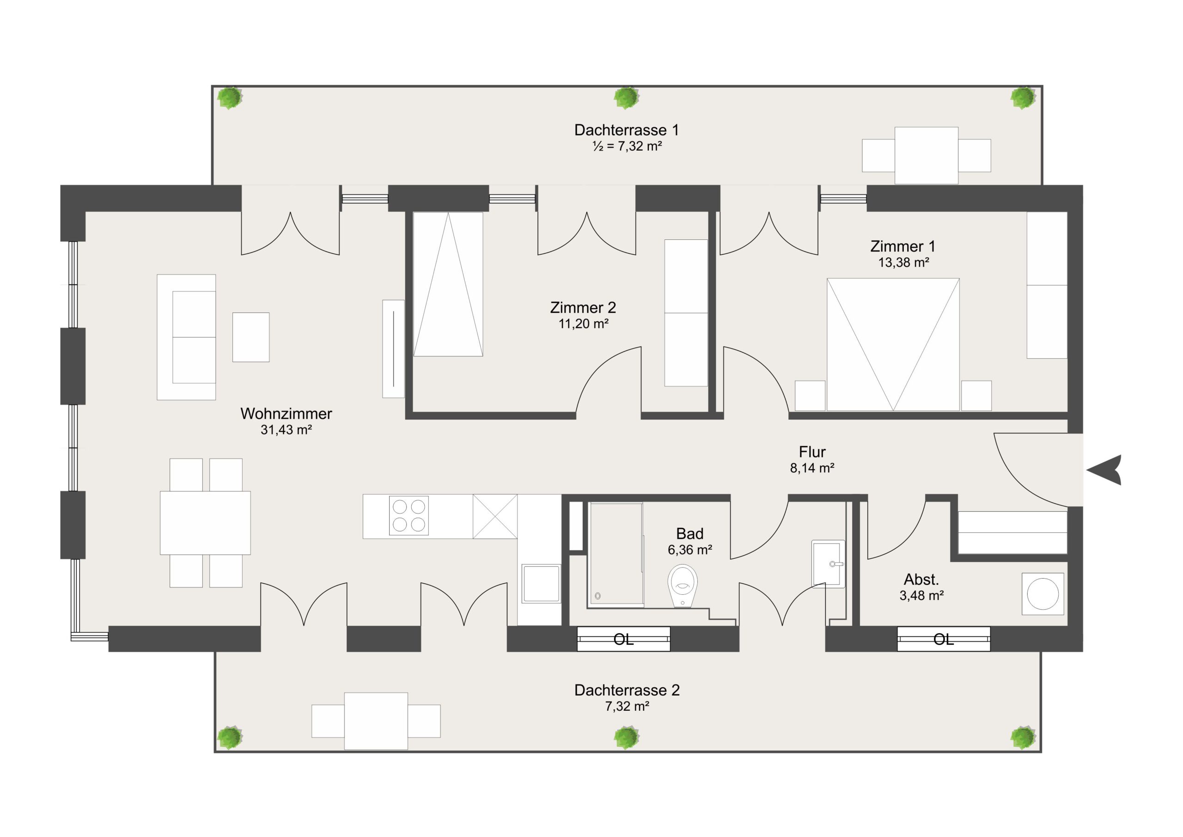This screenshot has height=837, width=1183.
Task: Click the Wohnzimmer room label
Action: click(286, 413)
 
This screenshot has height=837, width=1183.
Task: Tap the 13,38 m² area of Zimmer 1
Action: click(903, 263)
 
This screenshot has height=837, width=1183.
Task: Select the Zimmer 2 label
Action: click(583, 308)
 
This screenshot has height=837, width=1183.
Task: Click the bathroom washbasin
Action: click(828, 564)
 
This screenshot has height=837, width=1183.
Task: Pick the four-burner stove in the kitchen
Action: click(409, 515)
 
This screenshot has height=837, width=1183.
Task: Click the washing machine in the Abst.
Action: click(1043, 594)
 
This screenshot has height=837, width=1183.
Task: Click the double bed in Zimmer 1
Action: click(893, 344)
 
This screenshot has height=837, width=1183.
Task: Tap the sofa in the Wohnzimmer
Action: click(186, 337)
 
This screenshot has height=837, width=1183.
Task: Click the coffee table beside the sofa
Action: click(251, 337)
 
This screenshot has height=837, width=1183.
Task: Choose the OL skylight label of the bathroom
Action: click(623, 640)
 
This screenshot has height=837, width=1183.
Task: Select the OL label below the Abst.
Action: click(944, 640)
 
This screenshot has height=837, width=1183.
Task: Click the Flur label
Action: click(812, 452)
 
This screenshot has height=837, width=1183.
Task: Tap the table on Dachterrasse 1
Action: click(927, 155)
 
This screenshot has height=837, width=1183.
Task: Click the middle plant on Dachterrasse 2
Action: click(627, 738)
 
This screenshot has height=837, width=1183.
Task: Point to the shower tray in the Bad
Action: click(616, 554)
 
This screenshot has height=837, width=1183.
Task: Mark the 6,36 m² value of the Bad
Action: click(690, 550)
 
